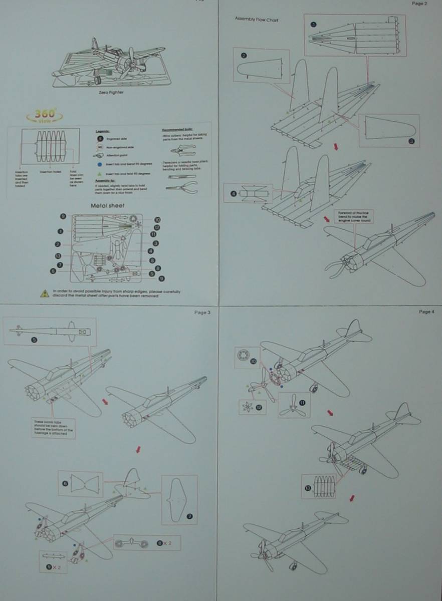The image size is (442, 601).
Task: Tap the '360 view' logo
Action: point(44,115)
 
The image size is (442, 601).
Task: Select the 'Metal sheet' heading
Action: point(108,205)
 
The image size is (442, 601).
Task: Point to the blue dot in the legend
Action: point(100,164)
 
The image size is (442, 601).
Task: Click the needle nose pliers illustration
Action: point(180,187)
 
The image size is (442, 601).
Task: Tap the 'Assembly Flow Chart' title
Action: point(257,20)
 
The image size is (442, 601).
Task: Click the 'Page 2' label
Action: point(419,4)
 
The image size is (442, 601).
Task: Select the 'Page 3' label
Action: point(202,312)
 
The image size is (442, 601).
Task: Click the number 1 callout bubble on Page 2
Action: point(313,24)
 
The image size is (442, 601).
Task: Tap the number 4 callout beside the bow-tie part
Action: point(233,193)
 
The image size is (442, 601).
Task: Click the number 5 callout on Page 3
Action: point(34,339)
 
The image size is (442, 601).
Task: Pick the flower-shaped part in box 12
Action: point(248,407)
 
